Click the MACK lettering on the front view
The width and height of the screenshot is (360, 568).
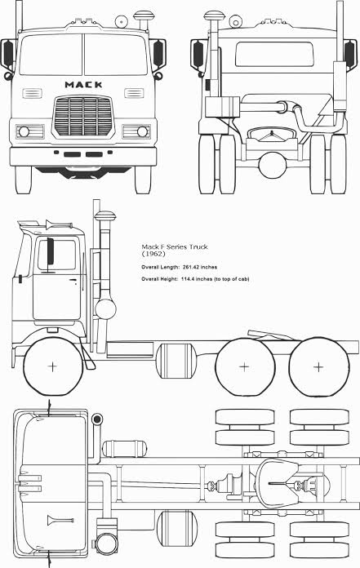(x=83, y=85)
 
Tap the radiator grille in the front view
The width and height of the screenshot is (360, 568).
(x=83, y=116)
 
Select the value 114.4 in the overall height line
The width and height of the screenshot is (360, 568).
(x=187, y=279)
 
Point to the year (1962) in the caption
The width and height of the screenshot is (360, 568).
(x=153, y=254)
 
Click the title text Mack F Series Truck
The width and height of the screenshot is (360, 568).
(x=175, y=246)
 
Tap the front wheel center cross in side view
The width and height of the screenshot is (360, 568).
(x=52, y=366)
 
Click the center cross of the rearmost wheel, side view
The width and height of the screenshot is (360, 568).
(x=318, y=367)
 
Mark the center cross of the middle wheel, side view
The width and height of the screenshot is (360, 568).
(x=244, y=367)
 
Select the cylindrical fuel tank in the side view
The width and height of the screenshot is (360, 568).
(x=176, y=361)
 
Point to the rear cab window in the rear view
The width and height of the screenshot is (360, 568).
(x=274, y=55)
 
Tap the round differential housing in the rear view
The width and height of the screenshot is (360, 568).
(x=273, y=165)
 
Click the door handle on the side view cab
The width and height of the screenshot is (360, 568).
(x=74, y=280)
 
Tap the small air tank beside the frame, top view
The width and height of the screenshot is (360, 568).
(x=125, y=449)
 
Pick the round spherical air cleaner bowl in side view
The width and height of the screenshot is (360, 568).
(x=106, y=308)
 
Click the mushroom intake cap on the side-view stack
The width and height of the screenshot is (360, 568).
(x=105, y=216)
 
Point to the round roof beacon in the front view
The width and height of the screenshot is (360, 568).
(x=121, y=22)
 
